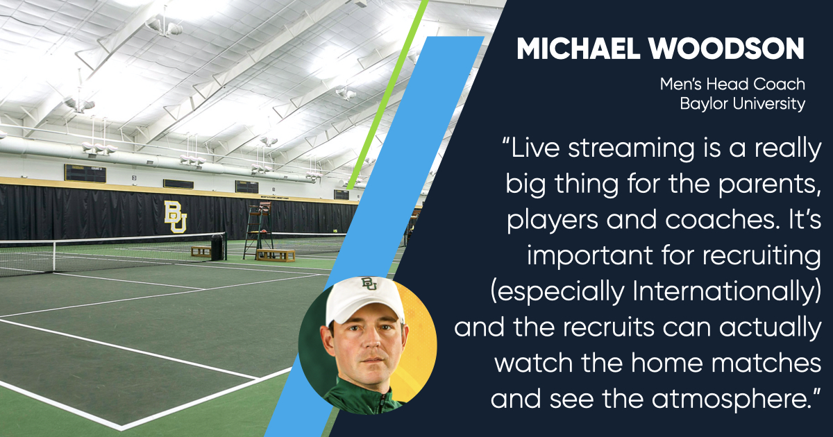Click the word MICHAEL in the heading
578,49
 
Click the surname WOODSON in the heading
727,49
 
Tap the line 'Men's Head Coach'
732,85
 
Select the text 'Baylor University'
743,103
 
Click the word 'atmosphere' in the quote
728,399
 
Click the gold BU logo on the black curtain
176,216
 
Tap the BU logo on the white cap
369,284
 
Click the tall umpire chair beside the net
258,230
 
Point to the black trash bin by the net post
217,247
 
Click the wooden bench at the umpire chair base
276,255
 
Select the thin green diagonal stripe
387,95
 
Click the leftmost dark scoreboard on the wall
85,173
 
